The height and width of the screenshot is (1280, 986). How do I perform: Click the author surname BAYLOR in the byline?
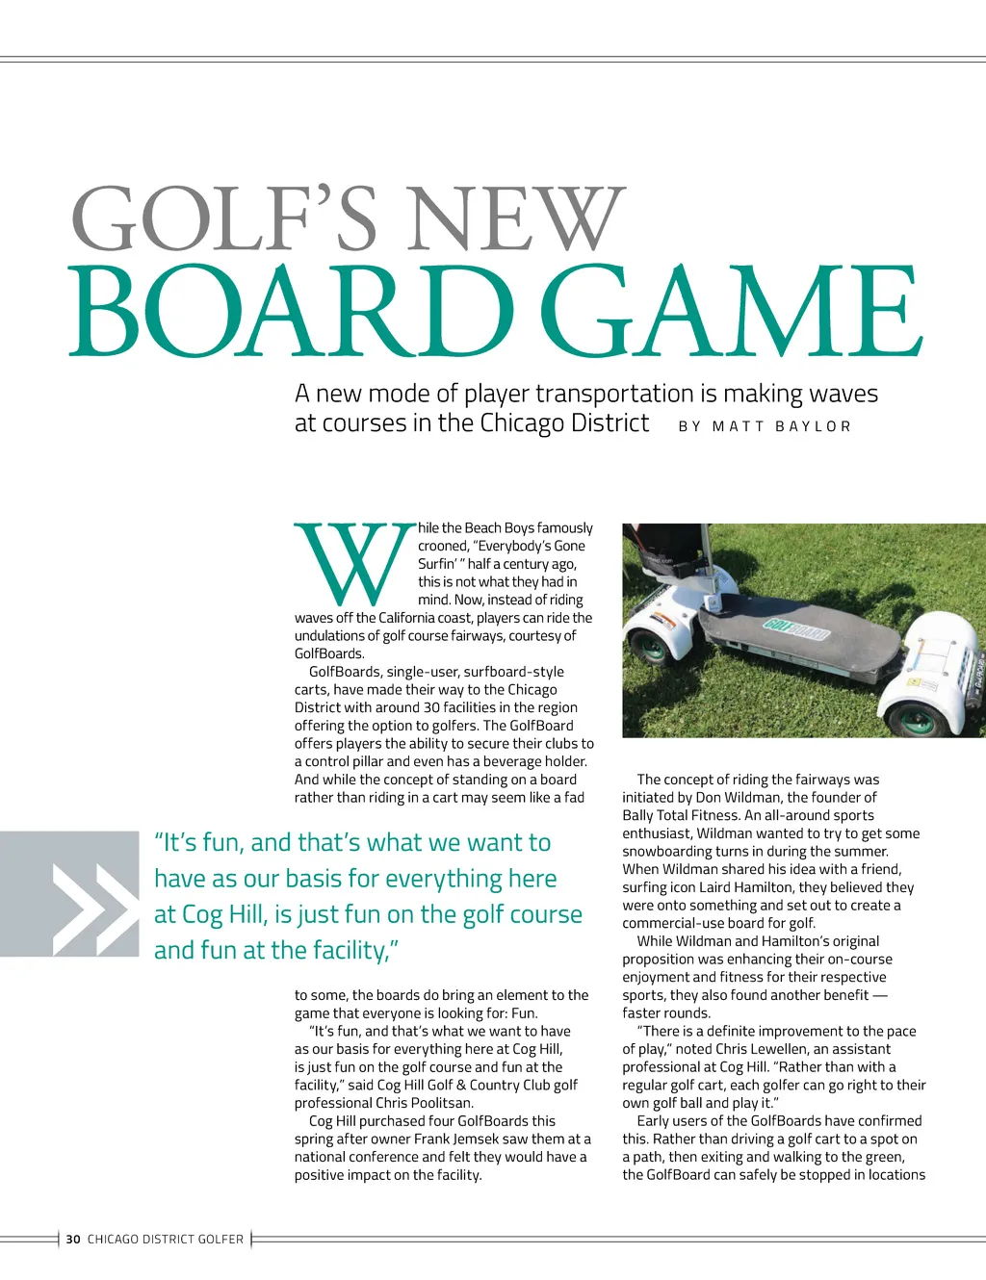(814, 426)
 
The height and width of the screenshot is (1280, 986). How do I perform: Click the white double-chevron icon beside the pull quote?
(94, 909)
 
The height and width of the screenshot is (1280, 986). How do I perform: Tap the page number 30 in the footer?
(73, 1240)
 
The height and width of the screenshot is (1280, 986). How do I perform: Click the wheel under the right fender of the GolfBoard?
(916, 718)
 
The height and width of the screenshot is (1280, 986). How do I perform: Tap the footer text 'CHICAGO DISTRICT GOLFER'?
(166, 1240)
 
